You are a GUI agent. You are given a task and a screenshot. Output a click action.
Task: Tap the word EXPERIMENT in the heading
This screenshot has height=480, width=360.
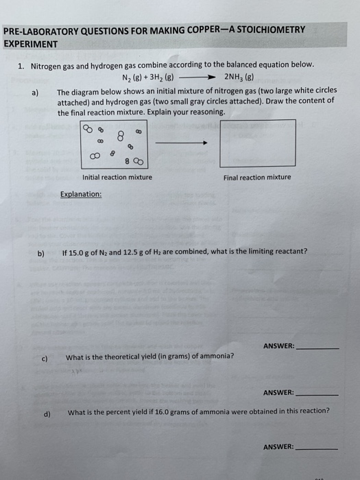point(31,43)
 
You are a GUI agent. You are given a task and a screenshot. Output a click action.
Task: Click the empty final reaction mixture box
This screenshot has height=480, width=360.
point(257,143)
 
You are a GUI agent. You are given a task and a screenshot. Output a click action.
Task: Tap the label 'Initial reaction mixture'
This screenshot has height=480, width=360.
point(117,178)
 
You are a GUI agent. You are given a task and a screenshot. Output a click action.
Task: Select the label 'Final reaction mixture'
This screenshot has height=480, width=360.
point(257,178)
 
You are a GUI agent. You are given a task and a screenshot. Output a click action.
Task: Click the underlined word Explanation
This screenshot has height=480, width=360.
point(81,194)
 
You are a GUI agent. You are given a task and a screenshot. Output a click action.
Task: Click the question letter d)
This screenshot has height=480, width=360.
point(47,413)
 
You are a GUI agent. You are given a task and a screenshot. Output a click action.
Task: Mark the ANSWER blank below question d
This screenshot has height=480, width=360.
point(316,448)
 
